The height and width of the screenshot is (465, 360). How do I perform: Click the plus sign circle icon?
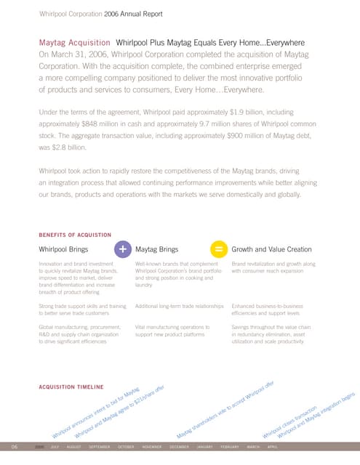tap(123, 248)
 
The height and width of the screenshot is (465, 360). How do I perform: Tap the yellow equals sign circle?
tap(218, 248)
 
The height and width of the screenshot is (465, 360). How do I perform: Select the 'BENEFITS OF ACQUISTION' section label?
tap(74, 234)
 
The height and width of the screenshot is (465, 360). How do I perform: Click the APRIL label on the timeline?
tap(272, 446)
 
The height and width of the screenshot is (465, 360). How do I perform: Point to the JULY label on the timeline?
tap(55, 446)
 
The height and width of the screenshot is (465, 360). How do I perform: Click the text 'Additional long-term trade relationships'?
tap(178, 308)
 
